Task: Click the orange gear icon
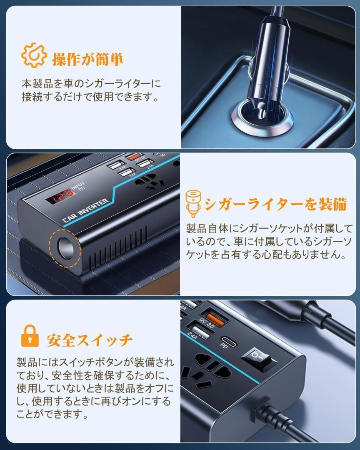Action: tap(34, 55)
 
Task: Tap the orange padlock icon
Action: tap(30, 336)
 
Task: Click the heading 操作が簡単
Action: tap(87, 60)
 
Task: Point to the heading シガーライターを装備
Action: tap(275, 204)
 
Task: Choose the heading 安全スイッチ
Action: tap(90, 340)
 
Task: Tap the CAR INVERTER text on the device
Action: tap(85, 210)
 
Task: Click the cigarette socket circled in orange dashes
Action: tap(66, 248)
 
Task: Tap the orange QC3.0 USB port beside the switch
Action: tap(215, 319)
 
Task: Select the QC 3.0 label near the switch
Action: tap(207, 323)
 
